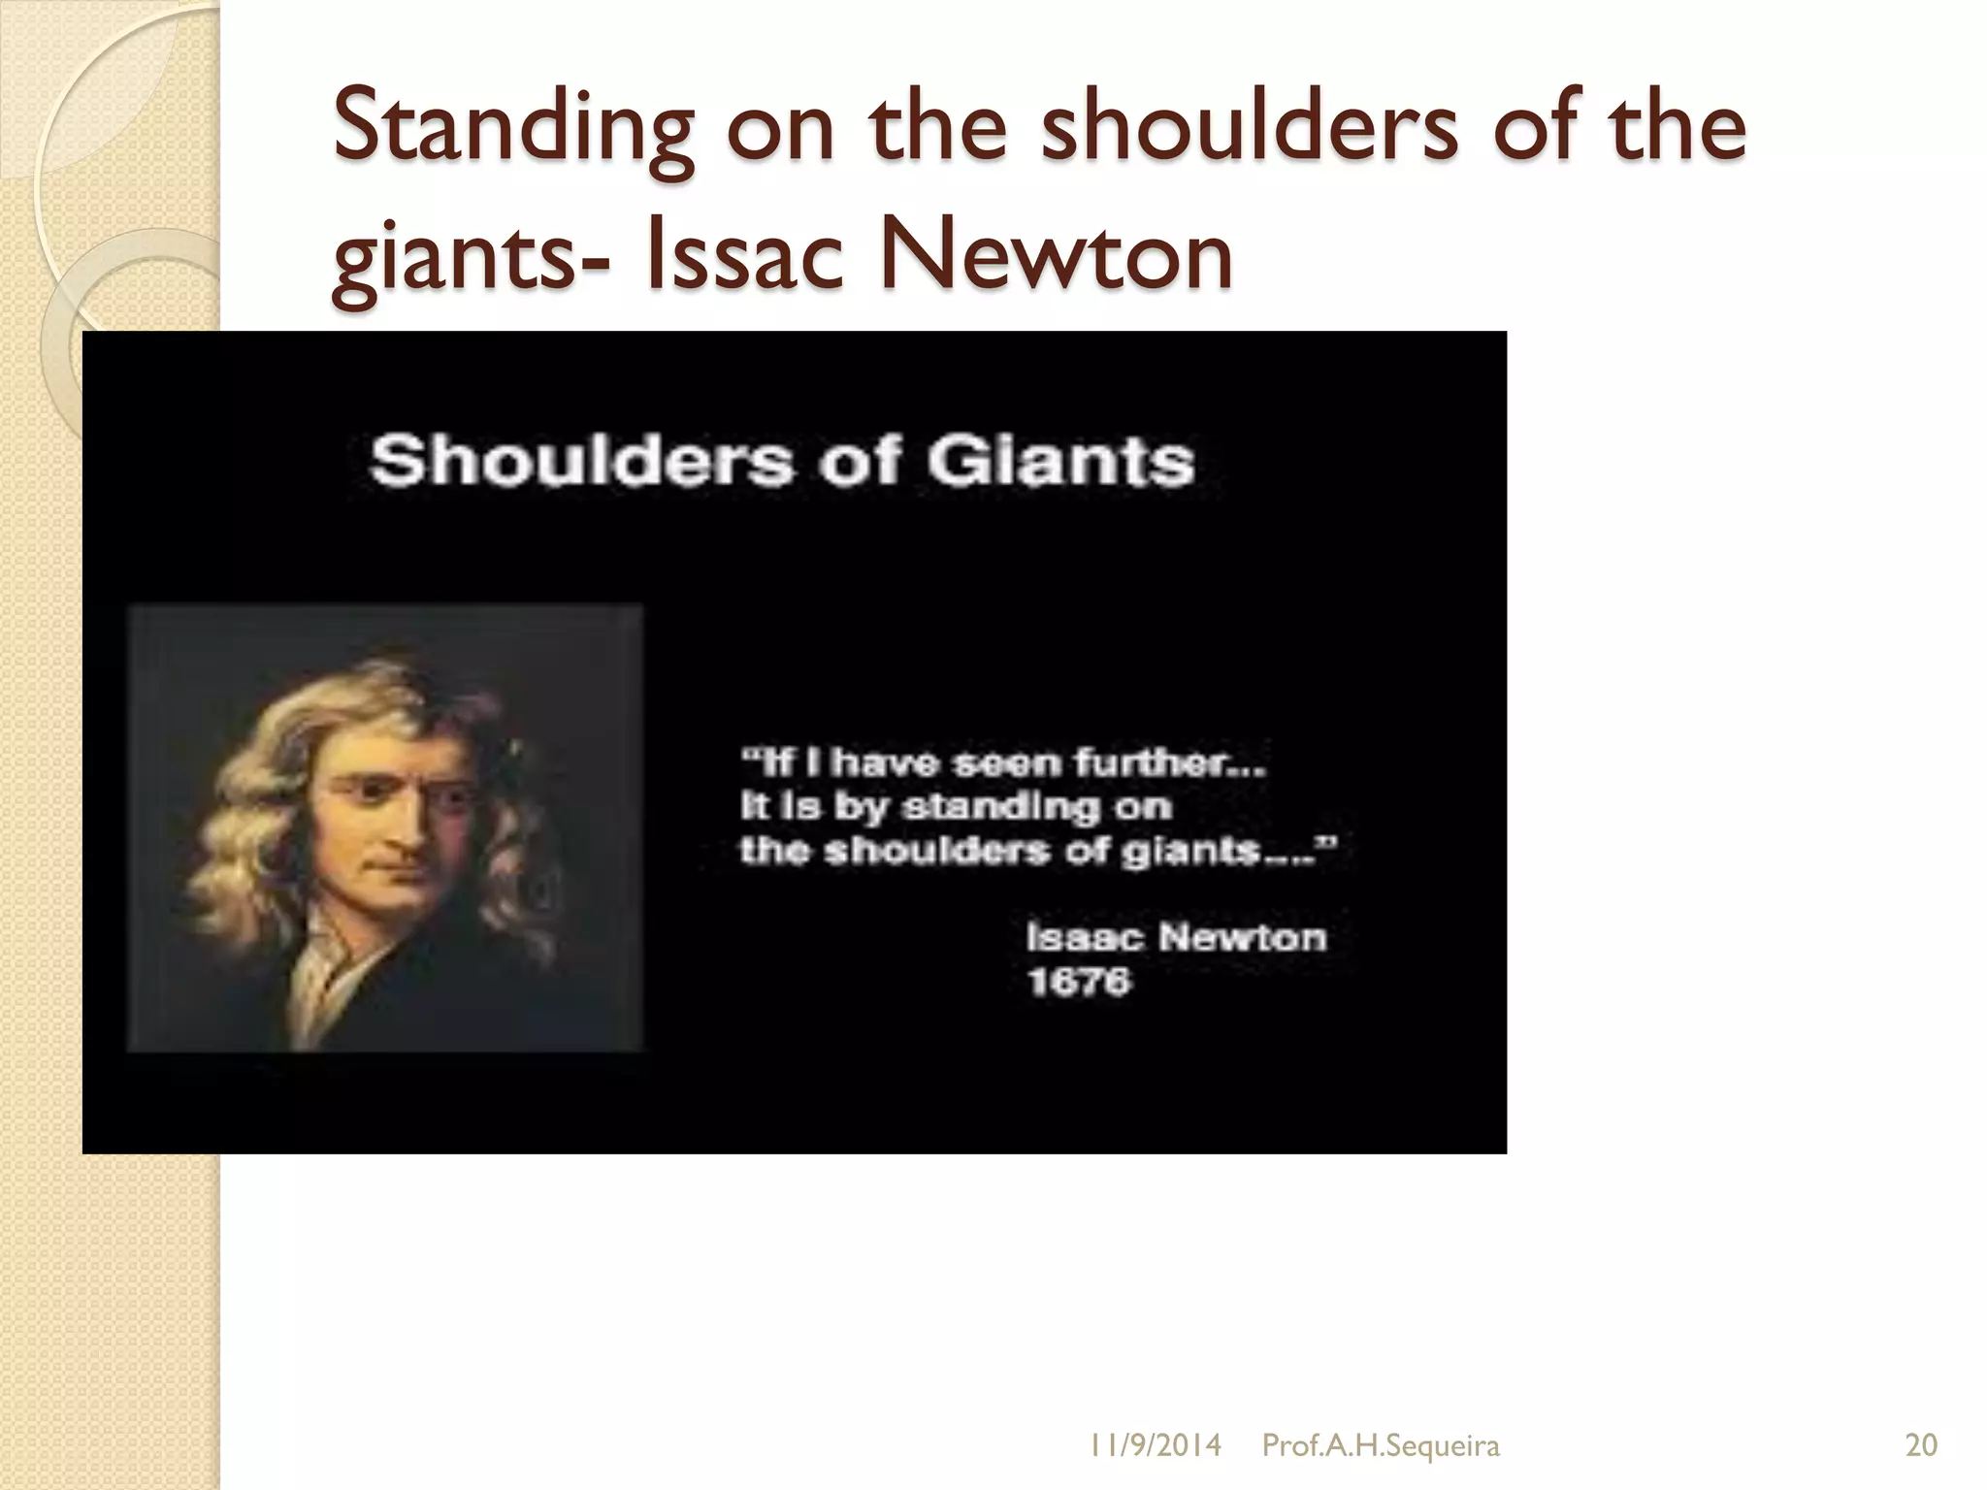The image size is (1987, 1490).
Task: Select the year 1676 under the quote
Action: pyautogui.click(x=1079, y=982)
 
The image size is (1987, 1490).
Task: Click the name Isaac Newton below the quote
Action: pyautogui.click(x=1176, y=937)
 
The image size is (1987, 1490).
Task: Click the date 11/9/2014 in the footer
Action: pyautogui.click(x=1155, y=1445)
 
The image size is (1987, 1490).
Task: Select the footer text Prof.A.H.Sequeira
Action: pyautogui.click(x=1380, y=1445)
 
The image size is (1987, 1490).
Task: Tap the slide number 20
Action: pyautogui.click(x=1921, y=1445)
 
